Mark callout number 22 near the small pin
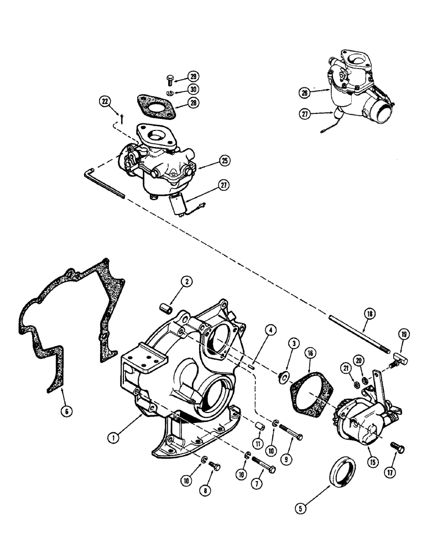pyautogui.click(x=106, y=101)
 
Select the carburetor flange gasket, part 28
pyautogui.click(x=153, y=108)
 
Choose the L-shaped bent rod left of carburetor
pyautogui.click(x=105, y=183)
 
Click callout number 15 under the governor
pyautogui.click(x=366, y=461)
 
